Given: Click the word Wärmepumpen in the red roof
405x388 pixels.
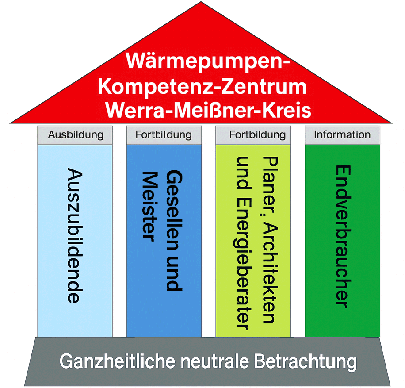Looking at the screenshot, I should coord(207,61).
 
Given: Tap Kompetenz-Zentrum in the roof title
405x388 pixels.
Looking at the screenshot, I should coord(202,86).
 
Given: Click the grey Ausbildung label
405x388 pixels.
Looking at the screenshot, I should coord(75,134).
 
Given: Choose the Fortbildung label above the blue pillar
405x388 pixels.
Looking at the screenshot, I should coord(164,134).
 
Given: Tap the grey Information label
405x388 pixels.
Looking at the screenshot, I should coord(342,134).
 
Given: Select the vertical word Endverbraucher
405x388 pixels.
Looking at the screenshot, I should coord(342,236).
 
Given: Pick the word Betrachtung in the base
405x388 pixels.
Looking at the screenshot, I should coord(306,362).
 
